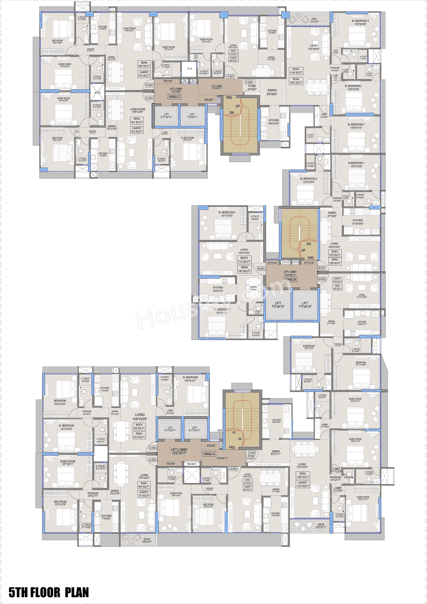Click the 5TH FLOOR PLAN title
pyautogui.click(x=49, y=592)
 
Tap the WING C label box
pyautogui.click(x=174, y=97)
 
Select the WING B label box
pyautogui.click(x=290, y=280)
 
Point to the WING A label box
pyautogui.click(x=209, y=454)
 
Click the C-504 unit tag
pyautogui.click(x=149, y=85)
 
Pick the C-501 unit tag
pyautogui.click(x=231, y=76)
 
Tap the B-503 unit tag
pyautogui.click(x=261, y=269)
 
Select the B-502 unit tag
pyautogui.click(x=322, y=279)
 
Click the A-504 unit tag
pyautogui.click(x=153, y=448)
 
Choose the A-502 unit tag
pyautogui.click(x=234, y=469)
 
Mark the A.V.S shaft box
pyautogui.click(x=189, y=69)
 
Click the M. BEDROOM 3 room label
pyautogui.click(x=360, y=22)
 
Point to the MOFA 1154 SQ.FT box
pyautogui.click(x=296, y=71)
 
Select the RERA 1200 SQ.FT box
pyautogui.click(x=296, y=81)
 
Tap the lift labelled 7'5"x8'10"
pyautogui.click(x=278, y=305)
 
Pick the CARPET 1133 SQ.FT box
pyautogui.click(x=303, y=484)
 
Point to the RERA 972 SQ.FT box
pyautogui.click(x=139, y=435)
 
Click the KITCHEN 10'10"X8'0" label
pyautogui.click(x=358, y=222)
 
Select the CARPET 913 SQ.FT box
pyautogui.click(x=137, y=130)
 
